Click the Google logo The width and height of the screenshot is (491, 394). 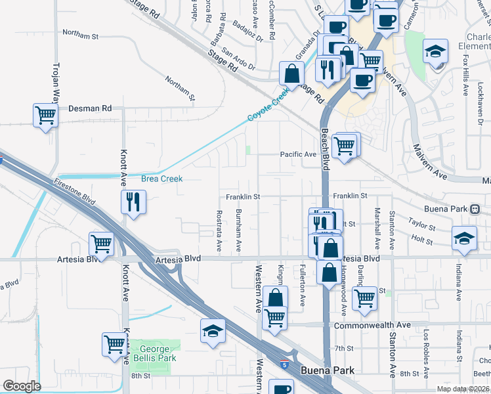(21, 385)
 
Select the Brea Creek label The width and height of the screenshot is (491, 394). (161, 178)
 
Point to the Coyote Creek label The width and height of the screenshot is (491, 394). (268, 107)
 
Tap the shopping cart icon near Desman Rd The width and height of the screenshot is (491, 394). (45, 116)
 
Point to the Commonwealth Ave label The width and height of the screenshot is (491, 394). (372, 325)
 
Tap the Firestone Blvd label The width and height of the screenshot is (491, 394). (75, 192)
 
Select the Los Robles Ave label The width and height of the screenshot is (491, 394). (426, 353)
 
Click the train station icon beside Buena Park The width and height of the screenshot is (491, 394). (475, 209)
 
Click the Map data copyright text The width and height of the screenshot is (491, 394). (463, 389)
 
